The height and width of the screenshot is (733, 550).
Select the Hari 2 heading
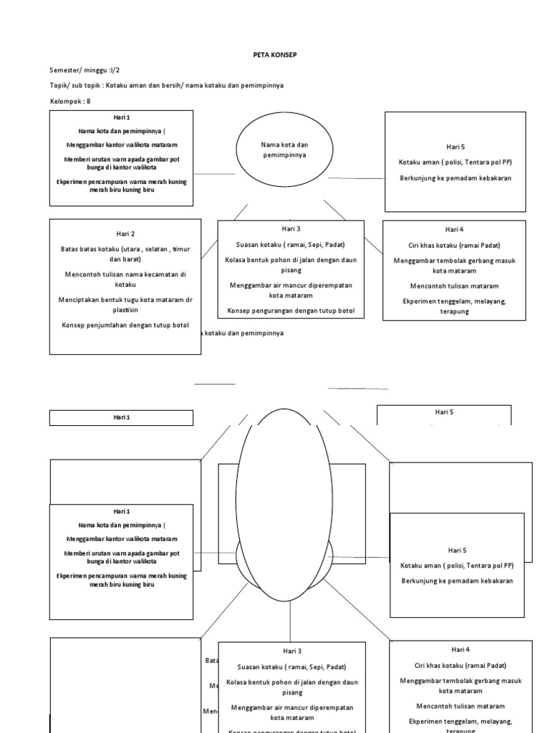coord(125,233)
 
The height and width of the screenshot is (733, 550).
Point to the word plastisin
coord(125,311)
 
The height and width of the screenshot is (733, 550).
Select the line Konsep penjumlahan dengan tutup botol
coord(125,326)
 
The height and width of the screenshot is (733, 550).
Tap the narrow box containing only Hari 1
coord(121,417)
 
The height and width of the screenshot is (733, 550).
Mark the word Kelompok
coord(66,101)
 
